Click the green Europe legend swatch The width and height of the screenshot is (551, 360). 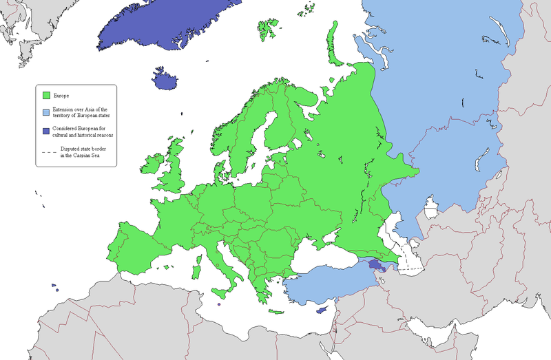coord(47,95)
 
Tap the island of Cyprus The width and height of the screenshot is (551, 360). coord(321,310)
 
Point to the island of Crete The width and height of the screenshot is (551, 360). coord(277,312)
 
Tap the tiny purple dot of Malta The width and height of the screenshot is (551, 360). coord(218,304)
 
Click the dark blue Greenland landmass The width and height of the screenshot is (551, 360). coord(165,28)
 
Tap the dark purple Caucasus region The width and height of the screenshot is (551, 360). coord(376,264)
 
